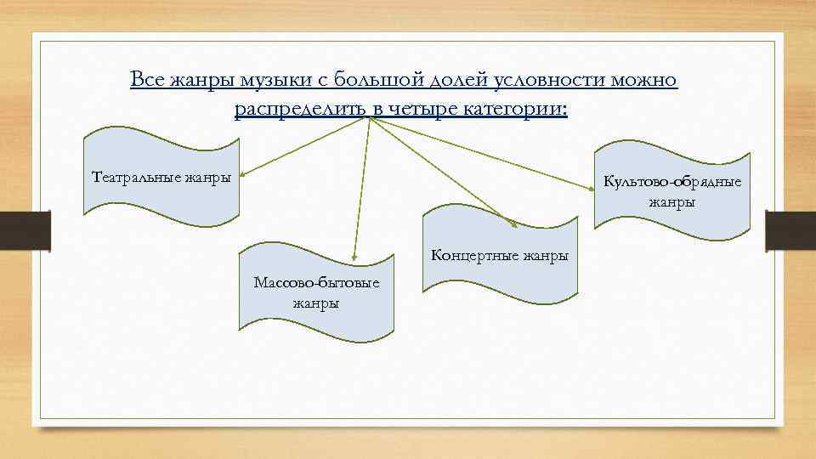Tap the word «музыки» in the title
[x=260, y=80]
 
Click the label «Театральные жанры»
[x=161, y=178]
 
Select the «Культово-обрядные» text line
[x=671, y=182]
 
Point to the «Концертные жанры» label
[x=500, y=255]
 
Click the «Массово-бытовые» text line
[x=315, y=283]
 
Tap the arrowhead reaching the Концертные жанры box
[x=515, y=224]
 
